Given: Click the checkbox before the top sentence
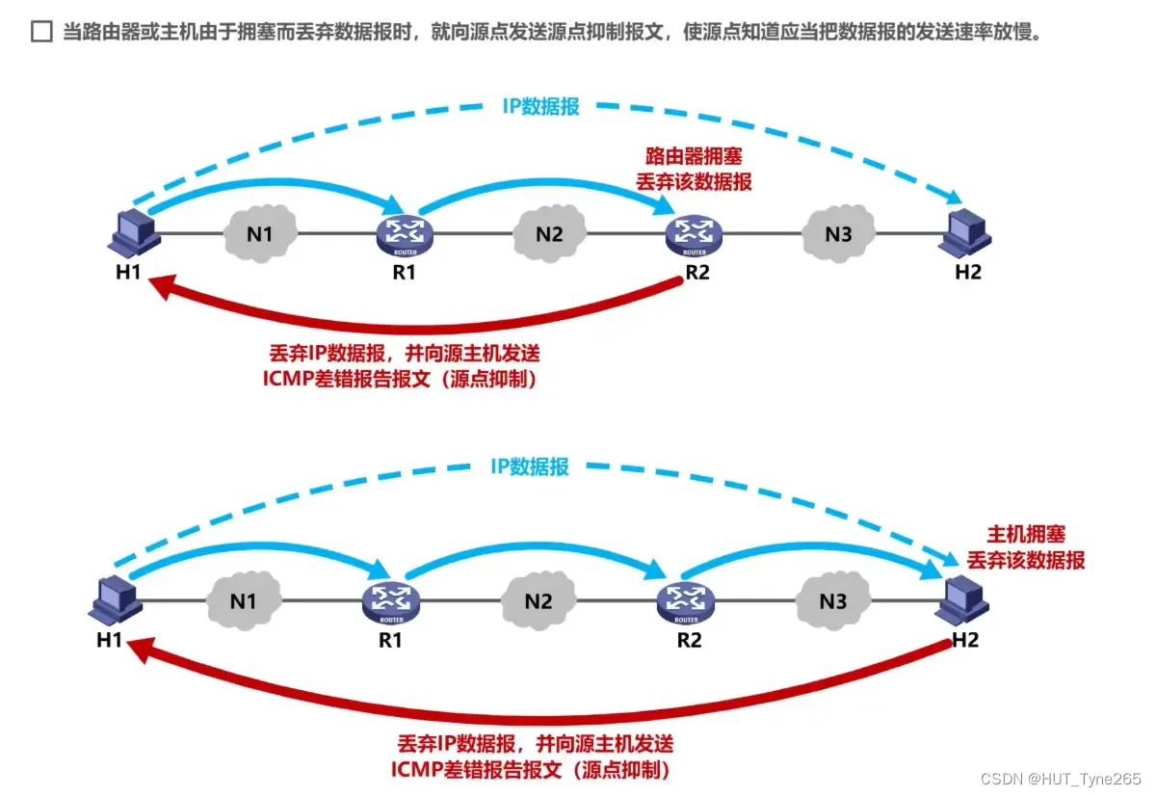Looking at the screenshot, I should [40, 33].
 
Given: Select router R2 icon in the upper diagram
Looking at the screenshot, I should [693, 232].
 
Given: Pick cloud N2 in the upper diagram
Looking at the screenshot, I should [548, 233].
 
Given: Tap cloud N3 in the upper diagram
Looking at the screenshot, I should [837, 233].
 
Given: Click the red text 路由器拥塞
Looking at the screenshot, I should [693, 155].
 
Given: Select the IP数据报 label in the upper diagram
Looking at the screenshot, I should [540, 107].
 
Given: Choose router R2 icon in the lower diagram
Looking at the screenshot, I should [687, 601].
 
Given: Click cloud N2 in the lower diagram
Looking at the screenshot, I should [538, 601].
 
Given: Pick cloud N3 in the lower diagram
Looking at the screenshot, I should [832, 601].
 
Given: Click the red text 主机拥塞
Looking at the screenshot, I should [1026, 534].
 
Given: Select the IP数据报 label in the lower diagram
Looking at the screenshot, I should [530, 467].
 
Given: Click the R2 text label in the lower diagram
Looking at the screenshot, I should [688, 639].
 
